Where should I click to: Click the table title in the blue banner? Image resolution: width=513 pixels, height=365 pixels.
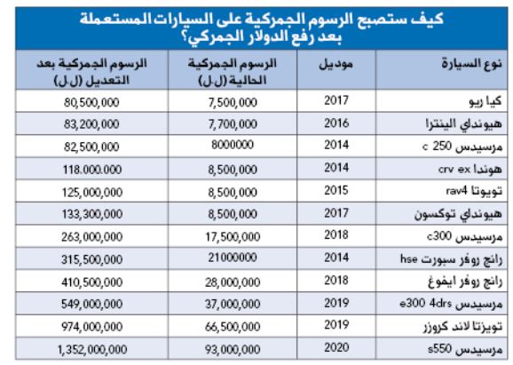(262, 28)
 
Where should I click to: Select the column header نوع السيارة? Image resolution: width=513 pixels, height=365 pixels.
(471, 63)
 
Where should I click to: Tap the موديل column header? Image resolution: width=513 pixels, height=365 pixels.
(336, 64)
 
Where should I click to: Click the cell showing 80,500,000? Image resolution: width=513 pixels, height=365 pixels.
(91, 102)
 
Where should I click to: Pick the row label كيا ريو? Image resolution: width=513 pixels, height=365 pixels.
(485, 101)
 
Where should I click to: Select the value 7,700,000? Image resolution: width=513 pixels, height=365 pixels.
(233, 124)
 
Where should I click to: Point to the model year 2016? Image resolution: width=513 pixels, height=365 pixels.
(336, 123)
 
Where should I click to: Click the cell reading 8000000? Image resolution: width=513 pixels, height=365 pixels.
(233, 145)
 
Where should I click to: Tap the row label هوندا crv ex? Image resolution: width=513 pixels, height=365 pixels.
(470, 169)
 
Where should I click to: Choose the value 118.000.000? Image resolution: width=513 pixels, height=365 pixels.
(92, 170)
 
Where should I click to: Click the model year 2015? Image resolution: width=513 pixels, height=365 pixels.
(336, 190)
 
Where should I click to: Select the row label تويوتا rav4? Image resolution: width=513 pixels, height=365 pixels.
(474, 191)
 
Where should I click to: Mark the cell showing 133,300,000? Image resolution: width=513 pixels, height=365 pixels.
(92, 214)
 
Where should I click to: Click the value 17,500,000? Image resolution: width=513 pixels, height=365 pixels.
(233, 237)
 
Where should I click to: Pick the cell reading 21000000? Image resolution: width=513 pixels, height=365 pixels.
(233, 258)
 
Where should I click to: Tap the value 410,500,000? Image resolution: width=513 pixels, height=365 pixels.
(92, 282)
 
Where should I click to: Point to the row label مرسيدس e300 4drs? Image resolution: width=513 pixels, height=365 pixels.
(451, 304)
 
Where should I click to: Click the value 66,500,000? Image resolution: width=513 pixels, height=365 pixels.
(233, 327)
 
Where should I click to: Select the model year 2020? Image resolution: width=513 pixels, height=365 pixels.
(336, 347)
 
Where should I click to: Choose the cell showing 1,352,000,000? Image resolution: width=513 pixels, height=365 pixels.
(92, 349)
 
